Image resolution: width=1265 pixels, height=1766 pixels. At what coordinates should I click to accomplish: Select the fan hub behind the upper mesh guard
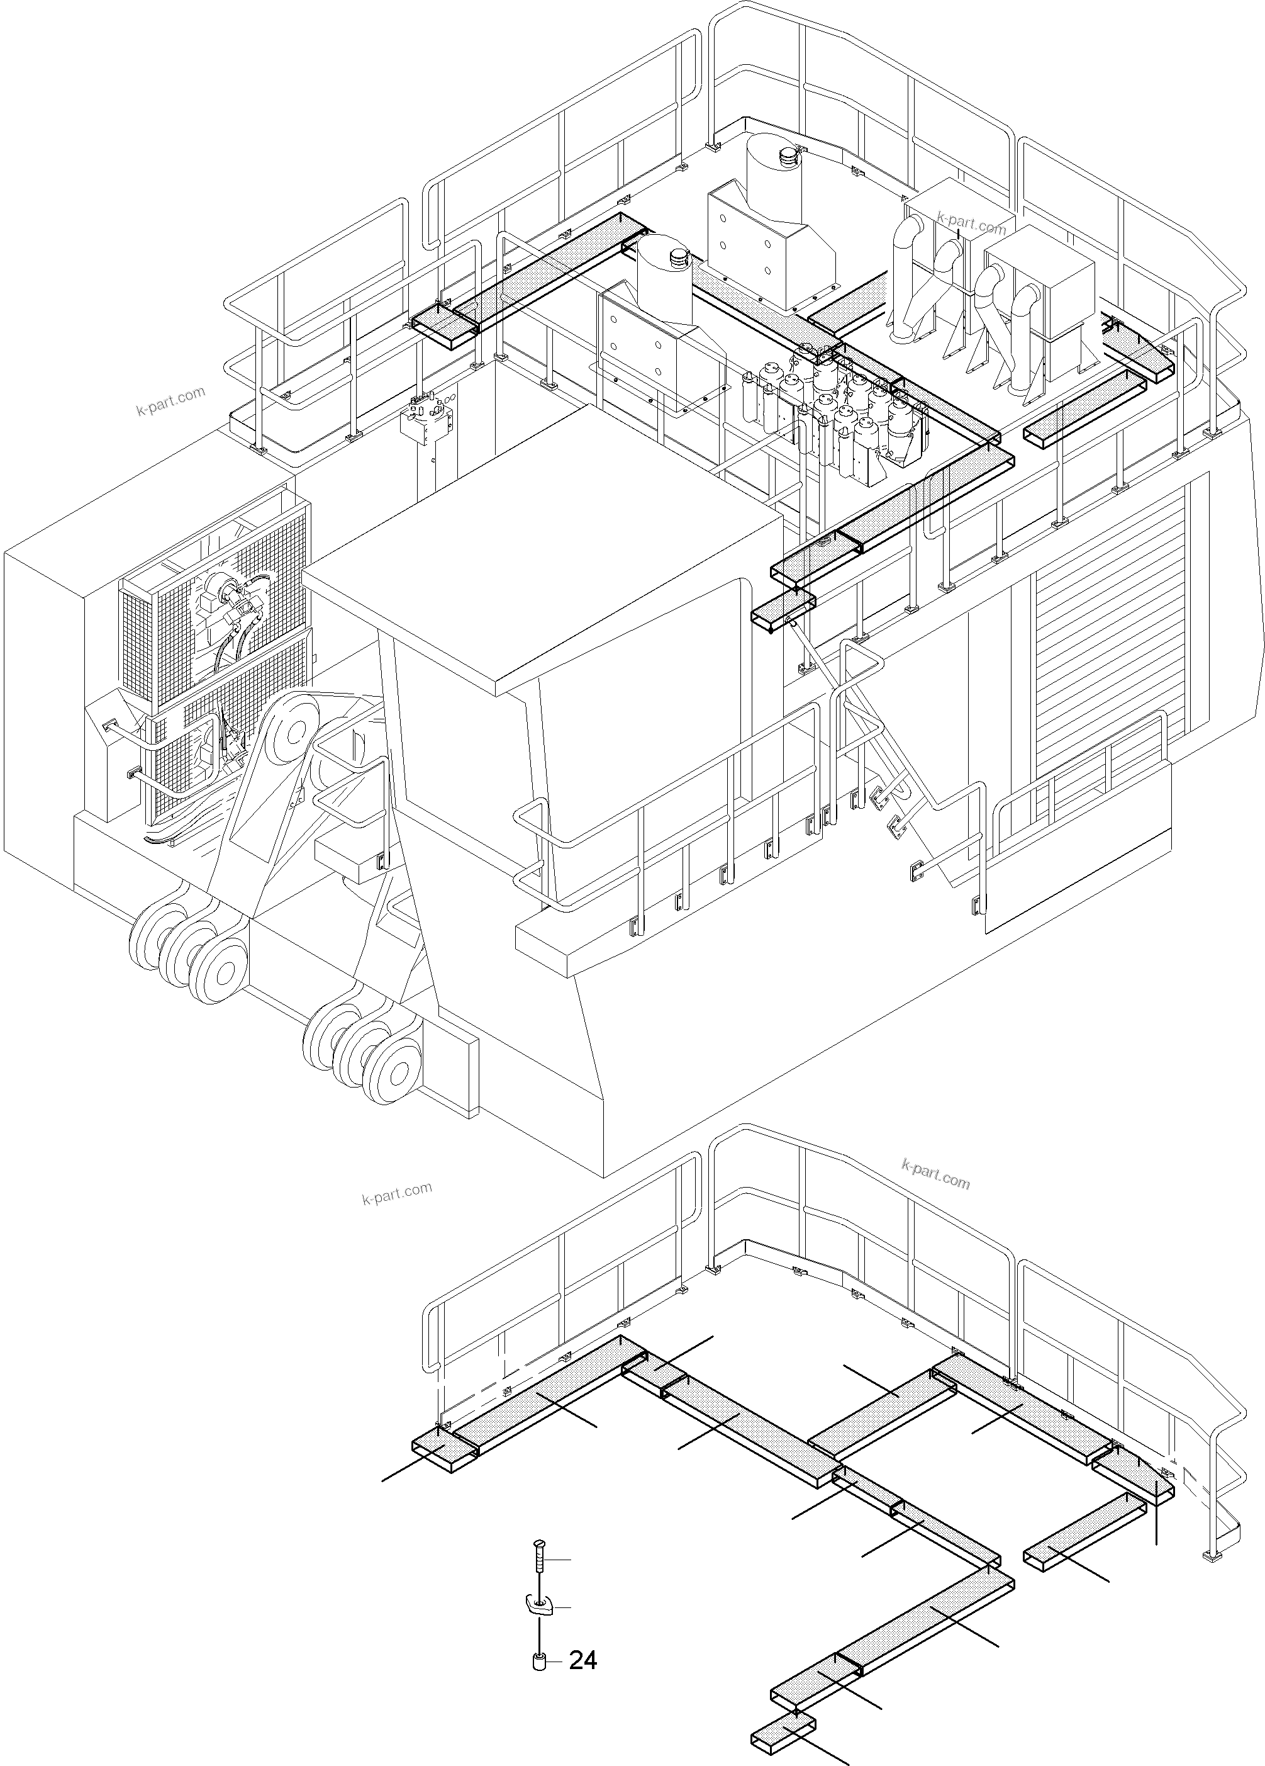coord(220,585)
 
